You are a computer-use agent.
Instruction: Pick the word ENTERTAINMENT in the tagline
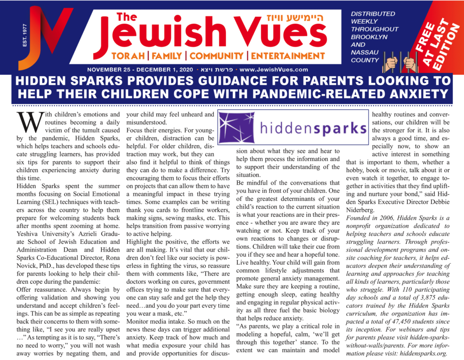tap(288, 56)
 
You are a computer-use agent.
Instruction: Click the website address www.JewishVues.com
tap(274, 70)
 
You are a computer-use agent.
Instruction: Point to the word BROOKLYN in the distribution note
tap(367, 37)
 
